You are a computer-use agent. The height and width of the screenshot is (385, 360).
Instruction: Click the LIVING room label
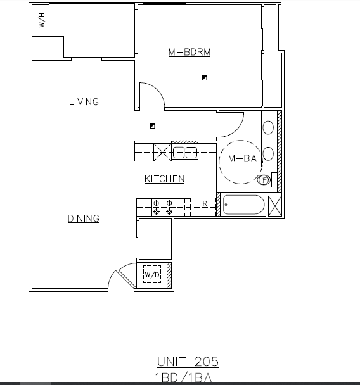point(84,101)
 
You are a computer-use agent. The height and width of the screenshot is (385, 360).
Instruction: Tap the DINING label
point(84,218)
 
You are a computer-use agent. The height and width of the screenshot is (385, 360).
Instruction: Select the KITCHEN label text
point(164,179)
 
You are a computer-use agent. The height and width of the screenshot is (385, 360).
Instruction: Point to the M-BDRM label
point(189,53)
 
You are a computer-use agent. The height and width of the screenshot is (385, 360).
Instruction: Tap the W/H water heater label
point(41,20)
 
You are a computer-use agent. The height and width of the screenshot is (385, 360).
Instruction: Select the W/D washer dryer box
point(152,275)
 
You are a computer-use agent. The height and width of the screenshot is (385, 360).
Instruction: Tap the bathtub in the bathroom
point(243,206)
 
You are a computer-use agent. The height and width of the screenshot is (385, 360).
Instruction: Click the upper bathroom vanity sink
point(267,127)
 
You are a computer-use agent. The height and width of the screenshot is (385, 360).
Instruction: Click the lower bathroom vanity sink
point(267,153)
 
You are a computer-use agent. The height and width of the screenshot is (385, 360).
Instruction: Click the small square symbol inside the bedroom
point(204,78)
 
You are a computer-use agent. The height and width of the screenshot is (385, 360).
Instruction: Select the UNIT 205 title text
point(188,362)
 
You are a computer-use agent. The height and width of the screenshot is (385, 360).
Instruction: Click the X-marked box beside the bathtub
point(275,206)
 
